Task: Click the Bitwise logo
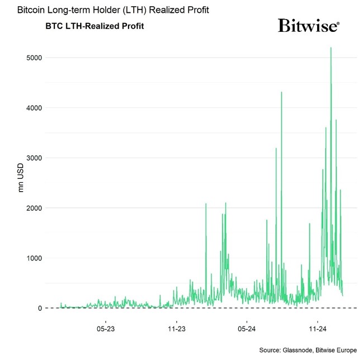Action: (x=308, y=26)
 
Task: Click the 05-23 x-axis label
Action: (x=106, y=324)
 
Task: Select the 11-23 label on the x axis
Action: (x=176, y=324)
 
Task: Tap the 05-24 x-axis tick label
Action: (x=247, y=324)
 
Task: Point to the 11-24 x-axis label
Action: (x=317, y=324)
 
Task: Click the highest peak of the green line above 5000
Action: (x=331, y=48)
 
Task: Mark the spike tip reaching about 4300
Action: (x=281, y=92)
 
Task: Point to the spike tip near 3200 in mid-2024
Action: (x=276, y=148)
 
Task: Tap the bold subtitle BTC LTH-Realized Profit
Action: (x=95, y=26)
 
